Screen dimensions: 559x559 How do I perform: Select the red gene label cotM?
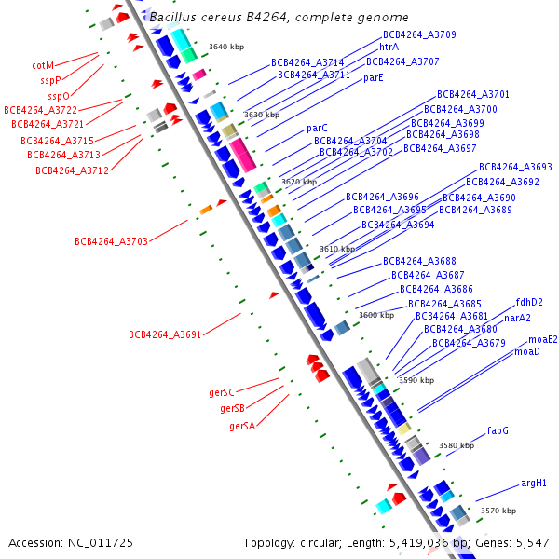click(43, 66)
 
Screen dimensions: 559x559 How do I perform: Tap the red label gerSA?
click(242, 426)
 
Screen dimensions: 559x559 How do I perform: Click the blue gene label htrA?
click(389, 47)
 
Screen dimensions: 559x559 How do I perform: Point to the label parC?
click(317, 128)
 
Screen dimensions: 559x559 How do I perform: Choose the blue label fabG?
click(498, 430)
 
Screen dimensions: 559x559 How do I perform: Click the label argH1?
click(534, 484)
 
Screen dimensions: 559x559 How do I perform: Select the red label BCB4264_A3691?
click(165, 334)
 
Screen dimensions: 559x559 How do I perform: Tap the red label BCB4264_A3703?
click(111, 241)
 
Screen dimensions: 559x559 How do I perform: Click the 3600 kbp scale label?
click(375, 315)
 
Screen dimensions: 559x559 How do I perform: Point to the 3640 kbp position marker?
click(225, 46)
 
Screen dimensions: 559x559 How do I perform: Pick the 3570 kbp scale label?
click(498, 511)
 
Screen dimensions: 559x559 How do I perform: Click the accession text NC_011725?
click(71, 542)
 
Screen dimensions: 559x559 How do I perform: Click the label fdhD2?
click(529, 302)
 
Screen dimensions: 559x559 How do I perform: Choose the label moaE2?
click(543, 339)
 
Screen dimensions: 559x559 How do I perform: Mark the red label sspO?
click(59, 95)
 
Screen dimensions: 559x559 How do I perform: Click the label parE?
click(374, 78)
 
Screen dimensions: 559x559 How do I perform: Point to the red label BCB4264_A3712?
click(73, 170)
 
